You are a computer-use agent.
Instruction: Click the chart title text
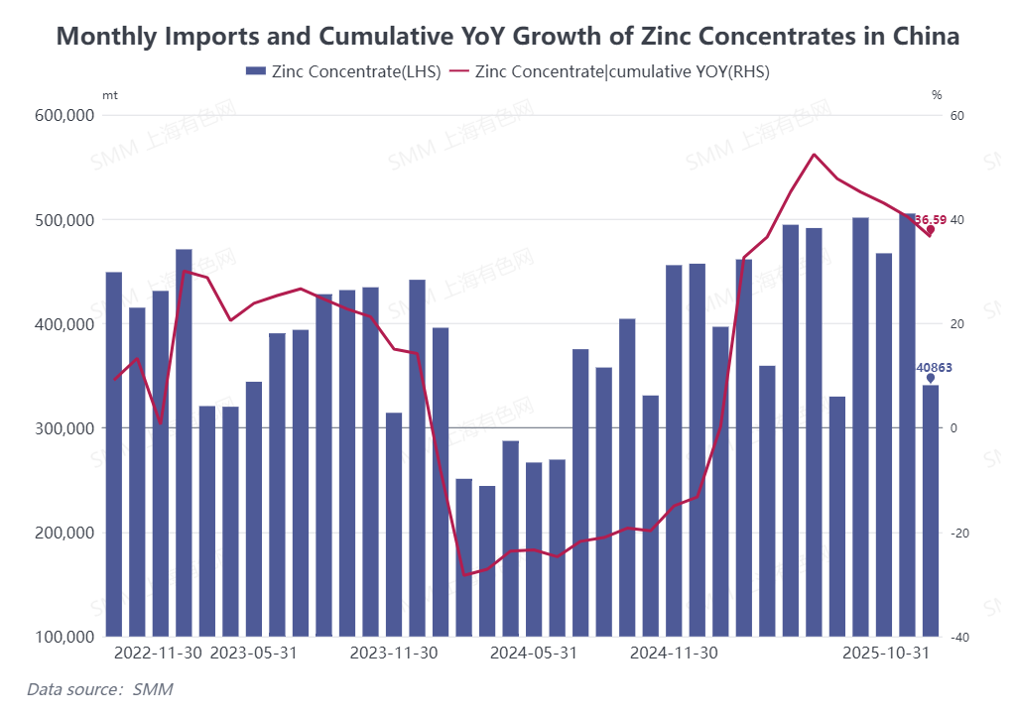click(508, 37)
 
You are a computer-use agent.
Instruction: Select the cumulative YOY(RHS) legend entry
click(609, 71)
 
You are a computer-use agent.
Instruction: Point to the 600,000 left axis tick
click(63, 115)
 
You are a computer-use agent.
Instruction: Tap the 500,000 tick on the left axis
click(63, 219)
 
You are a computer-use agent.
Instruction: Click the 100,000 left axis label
click(63, 637)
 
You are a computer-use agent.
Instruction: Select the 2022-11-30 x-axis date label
click(160, 654)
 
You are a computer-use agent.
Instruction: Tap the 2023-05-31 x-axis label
click(254, 654)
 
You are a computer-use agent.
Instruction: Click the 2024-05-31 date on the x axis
click(534, 654)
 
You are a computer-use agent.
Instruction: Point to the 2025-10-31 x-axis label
click(885, 654)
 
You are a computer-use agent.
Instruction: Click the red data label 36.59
click(930, 219)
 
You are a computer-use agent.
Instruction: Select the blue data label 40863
click(934, 367)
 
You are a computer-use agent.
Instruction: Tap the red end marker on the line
click(931, 230)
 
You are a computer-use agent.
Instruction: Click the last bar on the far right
click(931, 511)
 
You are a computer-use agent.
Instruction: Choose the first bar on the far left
click(114, 453)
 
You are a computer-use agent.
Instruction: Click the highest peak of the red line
click(814, 155)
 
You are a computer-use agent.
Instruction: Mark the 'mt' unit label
click(109, 95)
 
